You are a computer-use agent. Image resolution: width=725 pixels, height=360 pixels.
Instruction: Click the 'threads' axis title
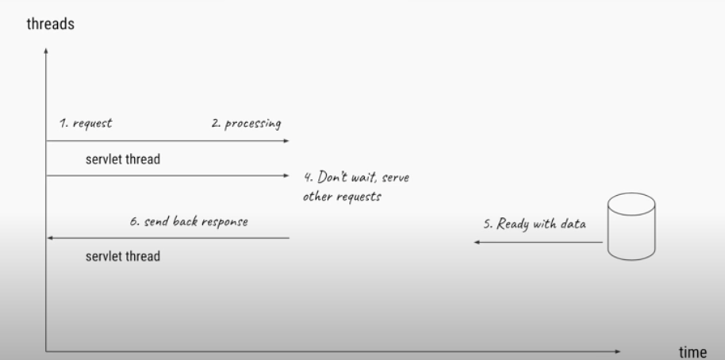(x=51, y=25)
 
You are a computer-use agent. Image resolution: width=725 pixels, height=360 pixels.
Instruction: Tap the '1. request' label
(x=86, y=124)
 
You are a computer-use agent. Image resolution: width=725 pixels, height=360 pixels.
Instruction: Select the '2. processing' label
(x=245, y=124)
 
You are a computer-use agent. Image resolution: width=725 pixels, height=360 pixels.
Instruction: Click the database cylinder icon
(x=631, y=228)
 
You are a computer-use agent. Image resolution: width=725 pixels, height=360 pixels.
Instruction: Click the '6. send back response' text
(x=188, y=221)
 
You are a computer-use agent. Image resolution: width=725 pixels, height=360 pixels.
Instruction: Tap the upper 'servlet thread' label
(x=123, y=159)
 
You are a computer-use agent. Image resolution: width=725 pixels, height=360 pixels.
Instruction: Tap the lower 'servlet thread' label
(x=123, y=256)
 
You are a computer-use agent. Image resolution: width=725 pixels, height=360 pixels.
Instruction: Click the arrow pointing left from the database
(x=539, y=242)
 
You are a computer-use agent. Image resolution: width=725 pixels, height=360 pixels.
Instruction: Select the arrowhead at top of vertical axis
(x=47, y=52)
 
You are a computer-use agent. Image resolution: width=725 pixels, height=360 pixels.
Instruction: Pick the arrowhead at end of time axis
(x=618, y=349)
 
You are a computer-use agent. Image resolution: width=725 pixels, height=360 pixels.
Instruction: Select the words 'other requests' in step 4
(x=341, y=196)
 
